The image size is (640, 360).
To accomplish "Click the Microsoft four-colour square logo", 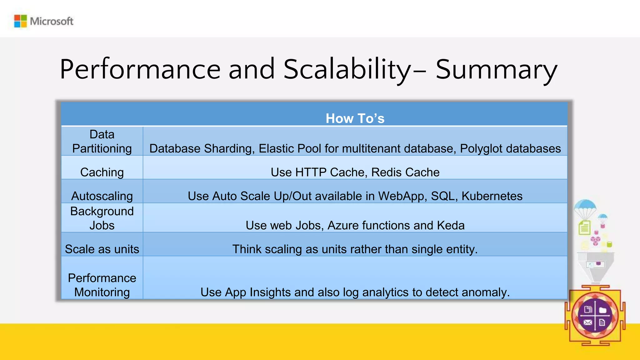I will click(21, 21).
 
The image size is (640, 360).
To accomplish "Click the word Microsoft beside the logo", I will click(52, 21).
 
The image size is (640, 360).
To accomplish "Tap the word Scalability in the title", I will click(347, 69).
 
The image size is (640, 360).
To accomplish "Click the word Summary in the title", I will click(496, 69).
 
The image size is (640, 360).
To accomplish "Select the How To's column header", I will click(355, 118).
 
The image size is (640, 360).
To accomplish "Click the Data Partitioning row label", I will click(102, 141).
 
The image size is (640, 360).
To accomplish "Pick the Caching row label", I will click(102, 172).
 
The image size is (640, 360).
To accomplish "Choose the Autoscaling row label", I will click(102, 196).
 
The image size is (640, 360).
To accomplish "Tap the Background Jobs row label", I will click(102, 218).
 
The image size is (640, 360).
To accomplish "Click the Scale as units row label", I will click(102, 249).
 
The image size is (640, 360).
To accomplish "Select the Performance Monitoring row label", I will click(102, 285).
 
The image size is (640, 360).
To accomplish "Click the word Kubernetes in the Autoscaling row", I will click(492, 196).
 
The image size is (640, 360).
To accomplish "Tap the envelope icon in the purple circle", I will click(587, 322).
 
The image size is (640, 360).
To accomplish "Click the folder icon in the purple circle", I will click(603, 310).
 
